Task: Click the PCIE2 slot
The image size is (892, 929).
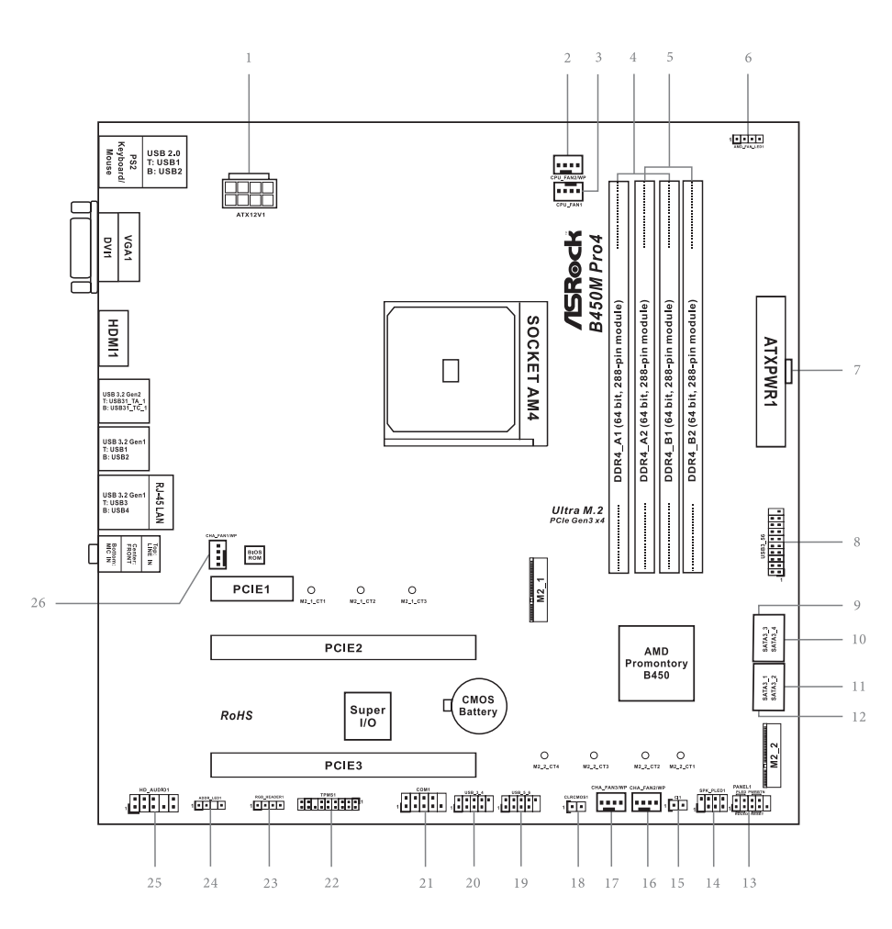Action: (342, 647)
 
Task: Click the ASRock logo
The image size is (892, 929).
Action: (568, 285)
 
